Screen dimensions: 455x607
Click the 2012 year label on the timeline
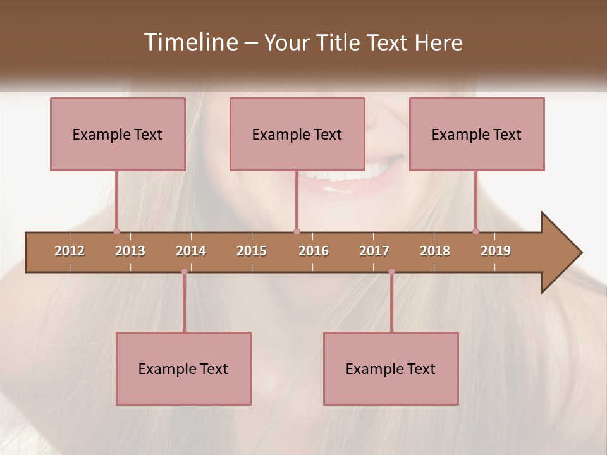(70, 251)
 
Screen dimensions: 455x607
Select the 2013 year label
(130, 251)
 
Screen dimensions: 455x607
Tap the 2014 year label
(191, 251)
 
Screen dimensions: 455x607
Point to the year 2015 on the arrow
(252, 251)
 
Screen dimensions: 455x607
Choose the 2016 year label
(314, 251)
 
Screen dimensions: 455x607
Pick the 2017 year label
(374, 251)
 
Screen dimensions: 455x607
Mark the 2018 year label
(435, 251)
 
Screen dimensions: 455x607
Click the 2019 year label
(496, 251)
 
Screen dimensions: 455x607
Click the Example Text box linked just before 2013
(118, 135)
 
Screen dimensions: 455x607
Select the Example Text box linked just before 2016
(297, 135)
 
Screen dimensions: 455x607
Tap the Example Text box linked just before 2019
(477, 135)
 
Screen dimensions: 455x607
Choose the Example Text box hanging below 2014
(183, 369)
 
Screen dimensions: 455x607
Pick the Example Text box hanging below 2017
(391, 369)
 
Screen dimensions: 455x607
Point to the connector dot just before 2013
(116, 231)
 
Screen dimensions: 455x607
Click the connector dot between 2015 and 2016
(297, 231)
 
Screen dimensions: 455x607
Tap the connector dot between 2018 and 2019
(475, 231)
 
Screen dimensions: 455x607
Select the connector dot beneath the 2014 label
(184, 272)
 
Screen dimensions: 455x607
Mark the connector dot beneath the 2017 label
(391, 272)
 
